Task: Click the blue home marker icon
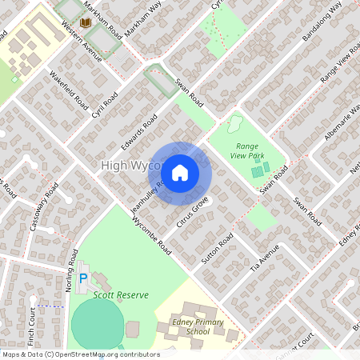pos(180,172)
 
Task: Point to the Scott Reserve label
pos(121,295)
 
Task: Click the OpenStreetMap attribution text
pos(80,354)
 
